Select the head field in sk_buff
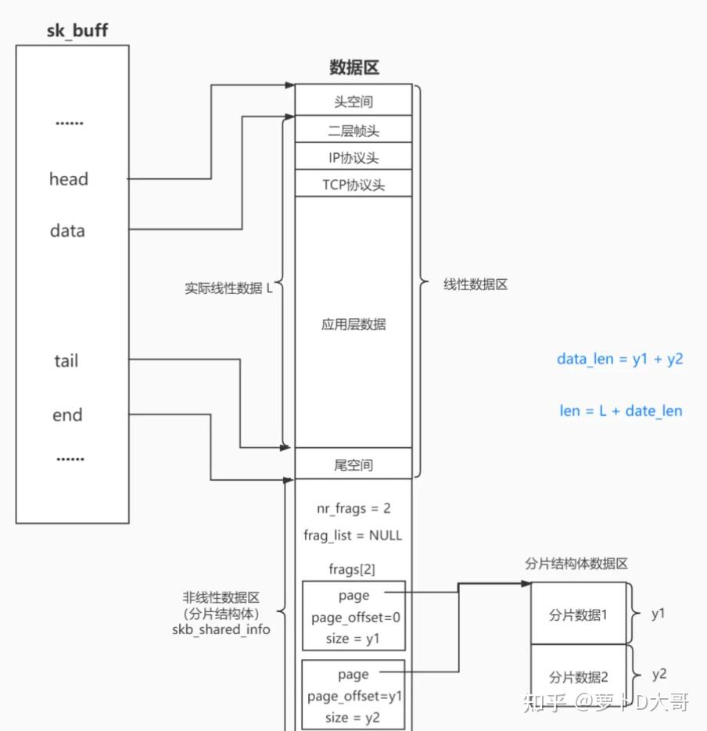click(x=69, y=179)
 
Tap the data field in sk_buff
click(x=67, y=231)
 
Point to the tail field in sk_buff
click(x=66, y=361)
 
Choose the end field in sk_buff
click(x=67, y=415)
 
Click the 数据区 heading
click(x=353, y=68)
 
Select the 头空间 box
click(x=353, y=102)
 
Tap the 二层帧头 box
click(x=353, y=130)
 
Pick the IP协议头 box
click(x=353, y=158)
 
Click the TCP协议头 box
click(x=353, y=185)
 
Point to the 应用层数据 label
click(x=353, y=324)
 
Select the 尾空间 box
click(x=353, y=465)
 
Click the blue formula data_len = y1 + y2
click(x=619, y=359)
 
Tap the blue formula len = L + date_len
click(x=620, y=410)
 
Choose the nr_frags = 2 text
click(x=353, y=508)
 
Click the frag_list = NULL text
click(x=353, y=536)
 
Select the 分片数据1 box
click(x=579, y=615)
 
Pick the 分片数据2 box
click(x=579, y=676)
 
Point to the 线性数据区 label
click(x=476, y=285)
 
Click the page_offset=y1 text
click(x=353, y=696)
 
